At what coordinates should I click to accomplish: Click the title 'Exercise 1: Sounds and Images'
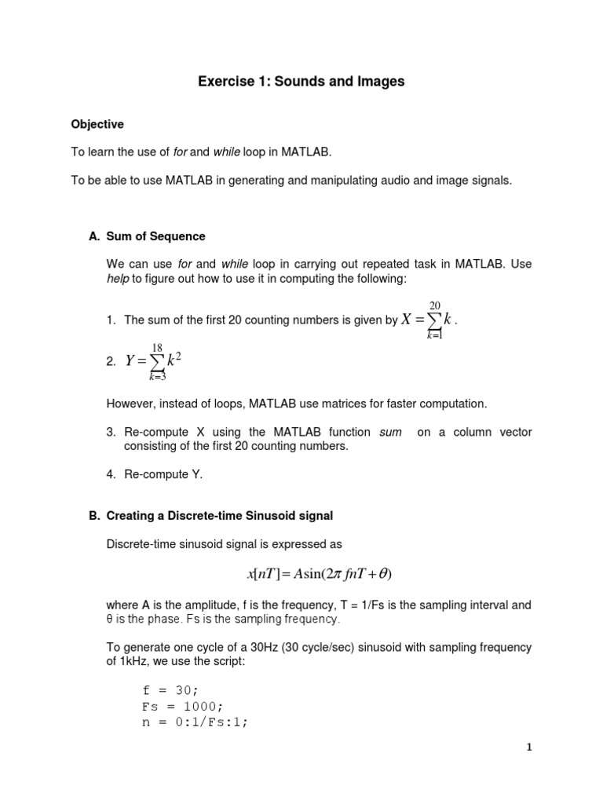tap(301, 82)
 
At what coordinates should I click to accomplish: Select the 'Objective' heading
tap(97, 124)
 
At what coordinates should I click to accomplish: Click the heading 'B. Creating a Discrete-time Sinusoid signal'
tap(210, 516)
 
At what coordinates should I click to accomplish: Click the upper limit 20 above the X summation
tap(434, 305)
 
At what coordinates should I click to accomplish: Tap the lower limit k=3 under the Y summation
tap(158, 377)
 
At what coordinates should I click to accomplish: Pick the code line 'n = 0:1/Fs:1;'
tap(195, 722)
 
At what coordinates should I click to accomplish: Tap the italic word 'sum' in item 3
tap(390, 433)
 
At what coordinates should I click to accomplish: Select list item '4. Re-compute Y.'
tap(154, 474)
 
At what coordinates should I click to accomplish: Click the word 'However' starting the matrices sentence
tap(127, 404)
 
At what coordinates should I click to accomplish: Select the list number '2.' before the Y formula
tap(110, 362)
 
